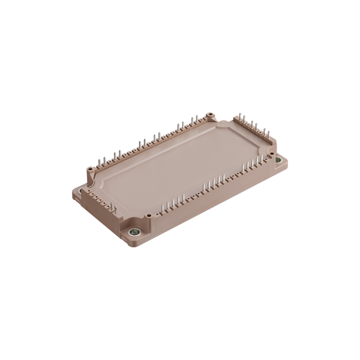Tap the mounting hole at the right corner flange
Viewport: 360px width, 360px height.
pyautogui.click(x=278, y=160)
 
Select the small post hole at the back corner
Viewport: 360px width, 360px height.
pyautogui.click(x=210, y=115)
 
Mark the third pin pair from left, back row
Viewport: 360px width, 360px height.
pyautogui.click(x=142, y=144)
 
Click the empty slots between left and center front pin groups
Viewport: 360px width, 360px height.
pyautogui.click(x=192, y=194)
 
